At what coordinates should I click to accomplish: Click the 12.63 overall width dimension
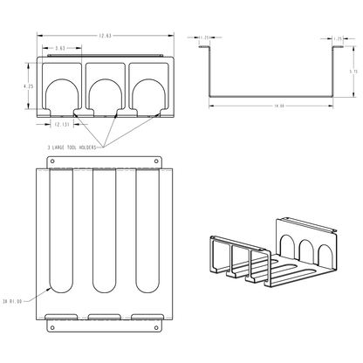point(104,36)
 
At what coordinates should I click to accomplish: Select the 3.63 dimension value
point(60,48)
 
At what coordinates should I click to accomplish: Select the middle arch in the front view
point(105,96)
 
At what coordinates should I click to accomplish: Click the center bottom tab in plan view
point(105,315)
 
